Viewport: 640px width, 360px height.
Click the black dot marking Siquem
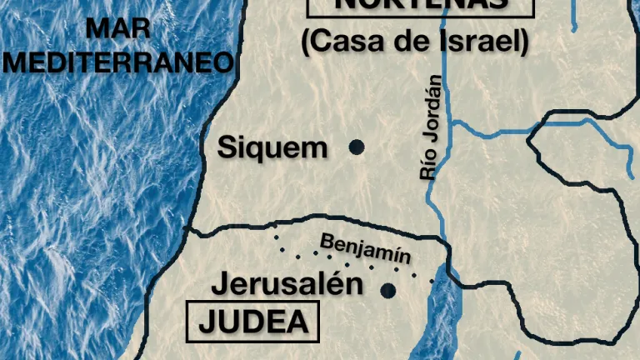coord(357,147)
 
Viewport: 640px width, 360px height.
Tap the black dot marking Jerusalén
coord(387,290)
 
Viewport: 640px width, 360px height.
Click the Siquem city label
coord(272,148)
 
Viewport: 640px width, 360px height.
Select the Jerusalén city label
coord(287,283)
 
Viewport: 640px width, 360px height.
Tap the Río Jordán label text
coord(431,127)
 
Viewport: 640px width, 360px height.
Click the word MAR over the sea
coord(118,28)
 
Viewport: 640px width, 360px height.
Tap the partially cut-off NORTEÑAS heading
coord(420,5)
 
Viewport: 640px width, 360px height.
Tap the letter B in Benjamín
coord(326,240)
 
